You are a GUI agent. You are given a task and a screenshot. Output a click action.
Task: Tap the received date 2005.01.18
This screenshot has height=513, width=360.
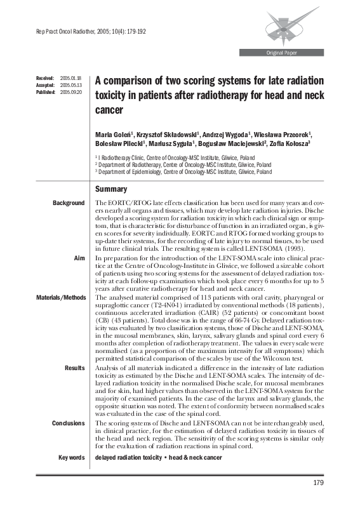(70, 77)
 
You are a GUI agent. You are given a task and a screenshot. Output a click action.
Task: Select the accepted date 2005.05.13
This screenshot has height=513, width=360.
(70, 84)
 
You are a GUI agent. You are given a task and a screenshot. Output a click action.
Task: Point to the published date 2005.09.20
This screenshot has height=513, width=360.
(70, 91)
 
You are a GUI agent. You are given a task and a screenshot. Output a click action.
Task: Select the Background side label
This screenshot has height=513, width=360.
(69, 203)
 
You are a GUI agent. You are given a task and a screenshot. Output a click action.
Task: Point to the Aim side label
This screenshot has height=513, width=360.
(79, 260)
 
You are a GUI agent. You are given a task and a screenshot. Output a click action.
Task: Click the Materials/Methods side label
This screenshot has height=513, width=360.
(60, 297)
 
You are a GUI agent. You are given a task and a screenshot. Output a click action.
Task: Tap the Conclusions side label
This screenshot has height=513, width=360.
(68, 423)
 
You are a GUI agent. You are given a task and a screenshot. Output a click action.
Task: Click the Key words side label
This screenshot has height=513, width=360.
(70, 457)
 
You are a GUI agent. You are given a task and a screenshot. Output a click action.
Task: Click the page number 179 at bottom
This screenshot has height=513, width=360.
(319, 484)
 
